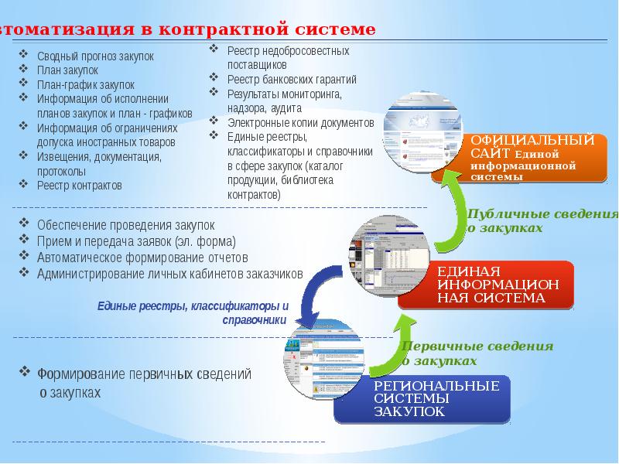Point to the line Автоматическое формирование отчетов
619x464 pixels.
pyautogui.click(x=142, y=257)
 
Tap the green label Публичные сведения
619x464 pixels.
pyautogui.click(x=542, y=214)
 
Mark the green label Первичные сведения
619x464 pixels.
pyautogui.click(x=477, y=346)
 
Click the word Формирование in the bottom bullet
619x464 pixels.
pyautogui.click(x=70, y=374)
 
